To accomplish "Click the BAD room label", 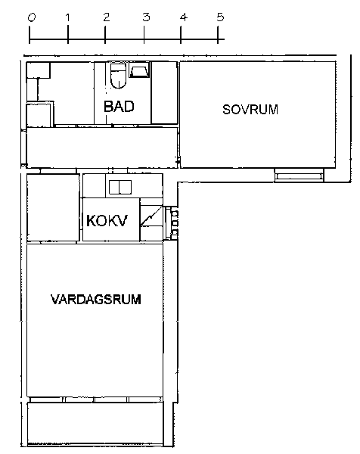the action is [x=119, y=106].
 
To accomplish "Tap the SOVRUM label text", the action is [x=250, y=110].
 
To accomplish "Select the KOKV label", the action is [x=107, y=221].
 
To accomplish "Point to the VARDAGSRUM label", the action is [x=96, y=300].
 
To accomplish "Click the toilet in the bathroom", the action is [x=118, y=76].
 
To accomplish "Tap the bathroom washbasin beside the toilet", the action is [x=139, y=70].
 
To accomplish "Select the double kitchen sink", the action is [x=120, y=187].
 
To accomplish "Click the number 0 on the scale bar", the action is [x=32, y=18].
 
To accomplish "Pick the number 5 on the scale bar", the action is [x=220, y=17].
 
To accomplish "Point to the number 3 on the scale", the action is [x=146, y=17].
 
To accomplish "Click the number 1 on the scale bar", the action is [x=68, y=17].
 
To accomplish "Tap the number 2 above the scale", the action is [x=107, y=17].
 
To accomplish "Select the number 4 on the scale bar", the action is [x=184, y=17].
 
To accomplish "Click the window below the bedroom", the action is [x=299, y=176].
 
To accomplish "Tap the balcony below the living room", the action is [x=95, y=424].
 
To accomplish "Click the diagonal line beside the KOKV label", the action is [x=151, y=216].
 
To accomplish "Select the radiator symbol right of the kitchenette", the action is [x=174, y=222].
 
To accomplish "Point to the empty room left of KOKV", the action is [x=53, y=207].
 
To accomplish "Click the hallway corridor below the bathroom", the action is [x=101, y=148].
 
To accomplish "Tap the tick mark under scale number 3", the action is [x=144, y=35].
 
